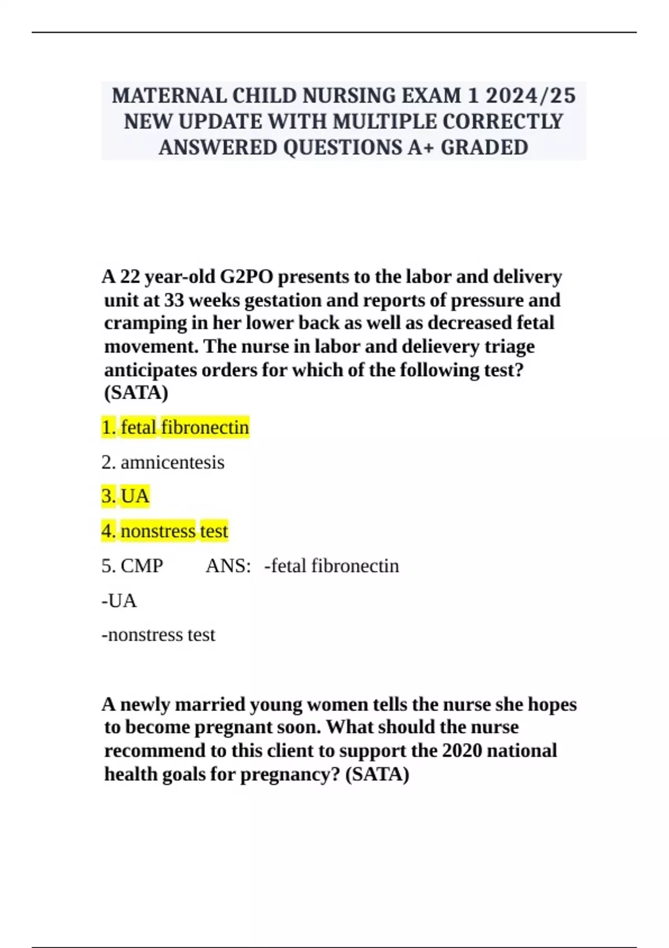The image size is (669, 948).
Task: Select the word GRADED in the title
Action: coord(484,148)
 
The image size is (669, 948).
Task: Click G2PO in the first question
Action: coord(246,277)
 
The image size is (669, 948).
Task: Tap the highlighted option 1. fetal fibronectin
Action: coord(175,427)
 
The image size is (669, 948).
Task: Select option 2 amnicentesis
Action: coord(163,462)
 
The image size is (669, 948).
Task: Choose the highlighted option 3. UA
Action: coord(125,496)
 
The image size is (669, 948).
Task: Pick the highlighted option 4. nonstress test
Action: coord(164,531)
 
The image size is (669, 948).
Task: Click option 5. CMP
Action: coord(132,565)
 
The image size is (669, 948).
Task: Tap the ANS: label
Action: coord(228,565)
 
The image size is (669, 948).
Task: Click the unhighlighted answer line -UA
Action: coord(119,601)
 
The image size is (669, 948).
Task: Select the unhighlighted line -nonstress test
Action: coord(158,635)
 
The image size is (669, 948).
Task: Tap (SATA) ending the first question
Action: coord(136,393)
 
